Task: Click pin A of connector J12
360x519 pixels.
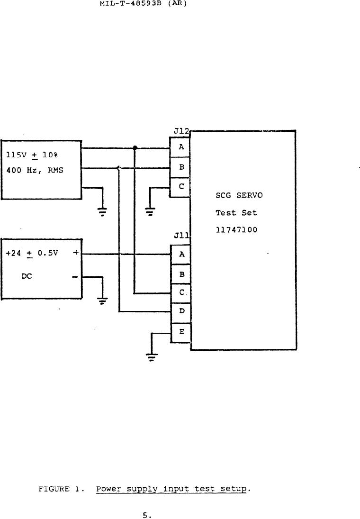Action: click(x=180, y=147)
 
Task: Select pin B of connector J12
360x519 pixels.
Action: click(x=180, y=167)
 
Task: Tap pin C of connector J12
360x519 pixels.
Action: click(x=180, y=187)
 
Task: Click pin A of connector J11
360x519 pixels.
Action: click(x=180, y=255)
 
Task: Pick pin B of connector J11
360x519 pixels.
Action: click(x=180, y=274)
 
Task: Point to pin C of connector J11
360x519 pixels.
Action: click(x=180, y=293)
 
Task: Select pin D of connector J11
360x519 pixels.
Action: click(x=180, y=312)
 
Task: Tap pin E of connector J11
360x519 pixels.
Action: click(x=180, y=332)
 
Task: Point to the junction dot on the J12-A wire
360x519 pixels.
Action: click(x=135, y=148)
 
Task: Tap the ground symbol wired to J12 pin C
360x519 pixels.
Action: click(x=150, y=211)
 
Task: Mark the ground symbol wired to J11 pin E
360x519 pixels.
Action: click(x=151, y=357)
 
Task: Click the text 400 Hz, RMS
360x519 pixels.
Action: click(x=35, y=171)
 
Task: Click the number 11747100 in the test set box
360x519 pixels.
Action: click(x=236, y=230)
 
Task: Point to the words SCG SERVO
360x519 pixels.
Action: click(x=239, y=196)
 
